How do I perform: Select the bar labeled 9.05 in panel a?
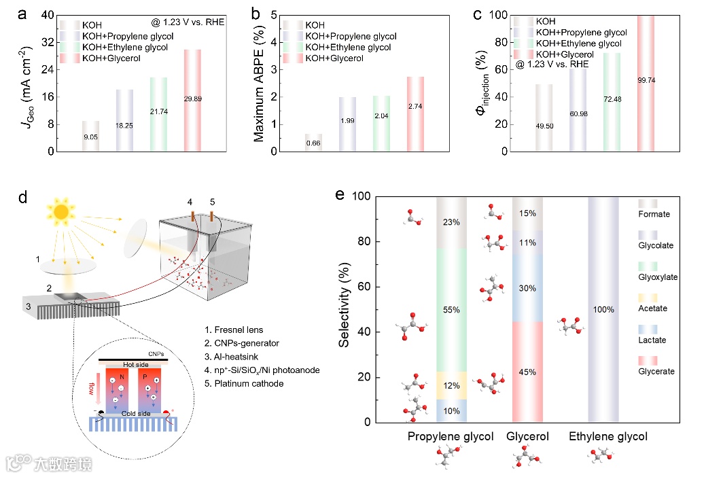click(90, 136)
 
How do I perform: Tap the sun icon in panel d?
click(61, 211)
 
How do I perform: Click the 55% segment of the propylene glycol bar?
click(452, 310)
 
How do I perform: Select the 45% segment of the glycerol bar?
click(527, 372)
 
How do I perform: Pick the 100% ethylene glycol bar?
click(603, 309)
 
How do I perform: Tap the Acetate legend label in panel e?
click(652, 308)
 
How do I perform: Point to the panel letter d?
click(22, 198)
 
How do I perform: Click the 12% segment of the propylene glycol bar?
click(452, 386)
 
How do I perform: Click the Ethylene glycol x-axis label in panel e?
click(608, 436)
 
